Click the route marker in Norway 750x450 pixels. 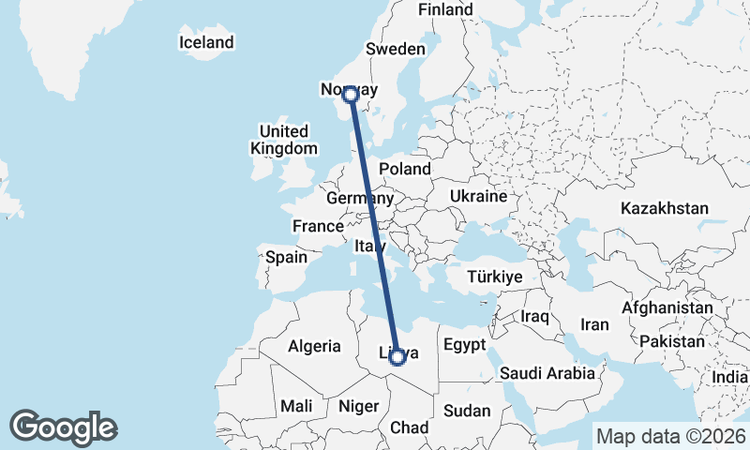351,94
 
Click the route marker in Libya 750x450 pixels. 397,356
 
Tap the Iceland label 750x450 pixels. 206,43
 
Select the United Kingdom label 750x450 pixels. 283,140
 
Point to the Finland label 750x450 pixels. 445,9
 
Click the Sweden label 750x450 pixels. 396,49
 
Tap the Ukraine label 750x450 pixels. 478,197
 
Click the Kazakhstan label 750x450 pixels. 664,208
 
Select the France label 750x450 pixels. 318,227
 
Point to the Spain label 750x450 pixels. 287,257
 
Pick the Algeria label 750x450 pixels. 314,346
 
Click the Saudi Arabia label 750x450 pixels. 547,373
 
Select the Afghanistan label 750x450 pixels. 667,307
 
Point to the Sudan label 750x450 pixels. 467,411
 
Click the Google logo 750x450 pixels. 63,427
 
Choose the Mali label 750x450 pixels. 296,406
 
